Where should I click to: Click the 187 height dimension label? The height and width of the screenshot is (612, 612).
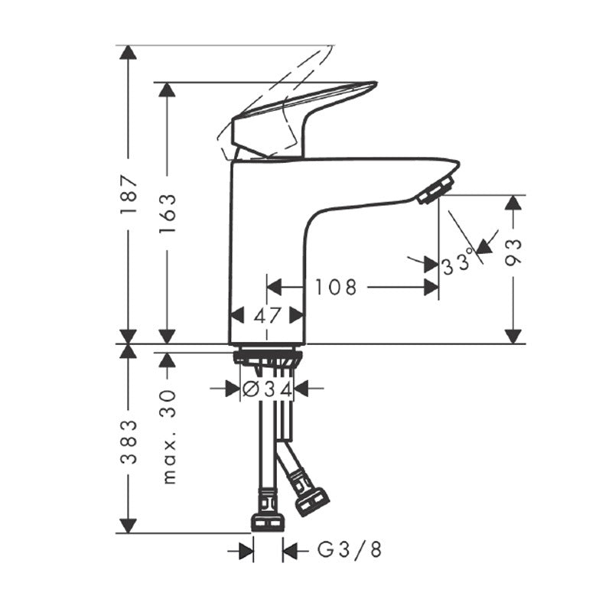click(129, 194)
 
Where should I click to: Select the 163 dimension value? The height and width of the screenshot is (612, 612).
click(168, 213)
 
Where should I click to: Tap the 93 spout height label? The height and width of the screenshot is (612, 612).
click(513, 252)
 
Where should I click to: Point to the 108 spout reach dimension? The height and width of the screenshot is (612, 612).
click(336, 288)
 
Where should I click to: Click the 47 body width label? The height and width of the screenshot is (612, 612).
click(267, 315)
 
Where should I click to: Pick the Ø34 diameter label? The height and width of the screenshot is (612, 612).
click(267, 389)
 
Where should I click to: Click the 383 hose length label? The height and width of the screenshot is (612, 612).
click(129, 442)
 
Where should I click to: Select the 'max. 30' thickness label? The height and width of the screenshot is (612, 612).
click(168, 437)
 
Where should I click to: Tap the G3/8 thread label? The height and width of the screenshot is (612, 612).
click(349, 550)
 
